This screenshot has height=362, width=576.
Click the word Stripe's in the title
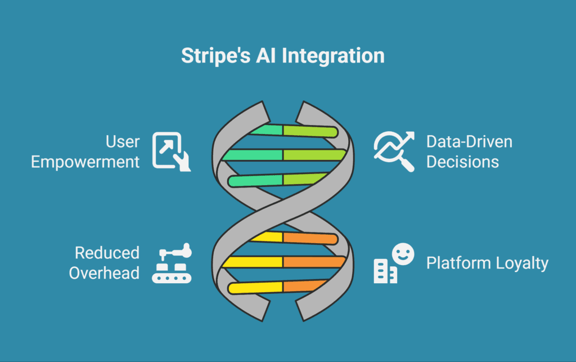[x=215, y=56]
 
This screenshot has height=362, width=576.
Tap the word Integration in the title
[x=333, y=56]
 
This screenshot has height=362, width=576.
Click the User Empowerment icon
[x=172, y=151]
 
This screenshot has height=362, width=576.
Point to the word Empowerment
[x=85, y=162]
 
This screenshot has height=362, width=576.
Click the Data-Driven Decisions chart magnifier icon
[x=394, y=151]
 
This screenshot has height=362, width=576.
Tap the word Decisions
[x=462, y=162]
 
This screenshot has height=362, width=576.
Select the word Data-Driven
[x=469, y=142]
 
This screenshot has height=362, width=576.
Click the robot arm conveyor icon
[x=172, y=263]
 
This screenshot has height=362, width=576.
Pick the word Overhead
[x=104, y=273]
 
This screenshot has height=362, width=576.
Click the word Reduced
[x=107, y=253]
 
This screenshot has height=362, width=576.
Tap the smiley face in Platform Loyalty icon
[x=403, y=253]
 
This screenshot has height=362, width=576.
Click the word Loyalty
[x=522, y=263]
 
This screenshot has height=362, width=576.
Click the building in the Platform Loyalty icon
[x=385, y=271]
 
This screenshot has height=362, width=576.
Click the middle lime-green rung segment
[x=314, y=155]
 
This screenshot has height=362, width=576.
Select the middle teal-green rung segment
[x=253, y=155]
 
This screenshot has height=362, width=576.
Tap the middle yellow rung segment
[x=253, y=262]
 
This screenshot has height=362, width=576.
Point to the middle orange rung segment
[x=314, y=262]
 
